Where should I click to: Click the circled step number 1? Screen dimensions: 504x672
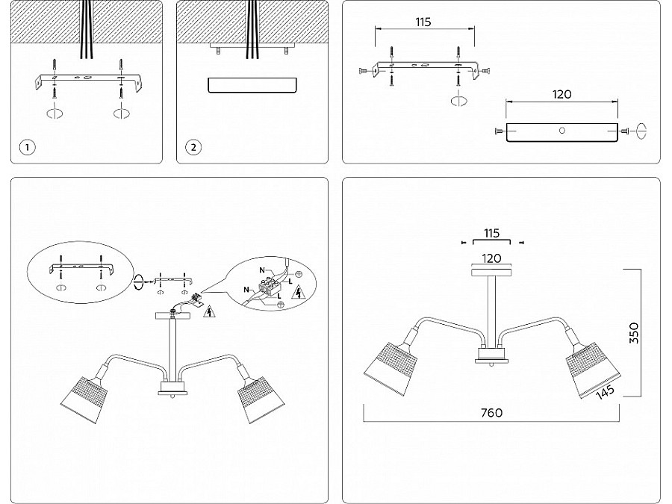pos(27,147)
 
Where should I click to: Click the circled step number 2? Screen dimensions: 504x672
pos(193,147)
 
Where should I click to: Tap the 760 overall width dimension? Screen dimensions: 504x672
pos(491,413)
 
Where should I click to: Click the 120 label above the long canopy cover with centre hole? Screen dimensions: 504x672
pos(561,95)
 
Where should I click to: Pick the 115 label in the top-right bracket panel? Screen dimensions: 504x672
pos(423,22)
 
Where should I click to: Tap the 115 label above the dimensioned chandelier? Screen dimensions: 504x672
pos(491,233)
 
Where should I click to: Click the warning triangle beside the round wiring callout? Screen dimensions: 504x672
pos(299,292)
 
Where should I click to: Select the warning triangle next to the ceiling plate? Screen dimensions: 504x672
pos(208,312)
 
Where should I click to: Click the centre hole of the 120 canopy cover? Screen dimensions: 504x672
pos(561,131)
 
